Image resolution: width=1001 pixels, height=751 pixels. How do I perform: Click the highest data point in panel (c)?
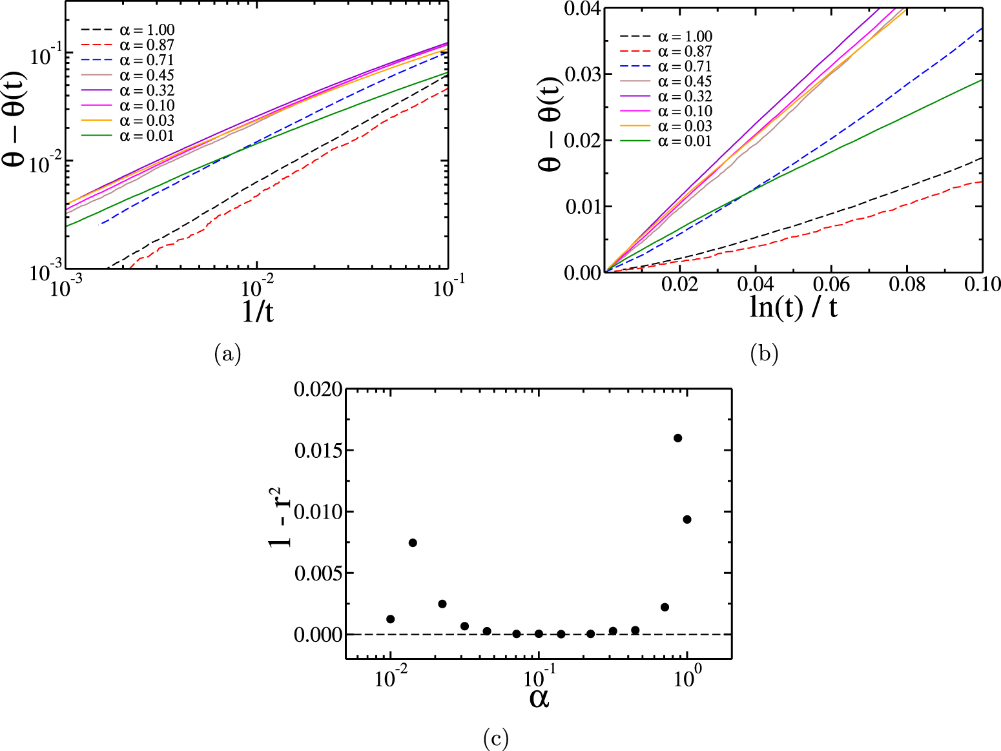(677, 438)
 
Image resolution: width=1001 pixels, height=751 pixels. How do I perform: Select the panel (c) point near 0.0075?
(413, 542)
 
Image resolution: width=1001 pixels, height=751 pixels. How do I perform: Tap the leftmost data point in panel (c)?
(390, 619)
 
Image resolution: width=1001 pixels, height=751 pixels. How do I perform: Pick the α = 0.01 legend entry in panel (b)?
(685, 141)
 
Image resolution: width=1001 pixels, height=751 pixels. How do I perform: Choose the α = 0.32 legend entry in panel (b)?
(685, 96)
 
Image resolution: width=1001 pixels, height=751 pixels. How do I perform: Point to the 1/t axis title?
(257, 311)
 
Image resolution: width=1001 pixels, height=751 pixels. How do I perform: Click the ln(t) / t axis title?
(793, 307)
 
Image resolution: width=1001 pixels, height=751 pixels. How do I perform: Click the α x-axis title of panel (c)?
(539, 697)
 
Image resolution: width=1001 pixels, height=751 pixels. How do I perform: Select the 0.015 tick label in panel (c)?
(316, 451)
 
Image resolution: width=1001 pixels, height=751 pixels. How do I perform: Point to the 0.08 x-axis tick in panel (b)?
(907, 284)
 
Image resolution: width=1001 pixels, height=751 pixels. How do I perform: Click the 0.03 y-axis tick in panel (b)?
(583, 74)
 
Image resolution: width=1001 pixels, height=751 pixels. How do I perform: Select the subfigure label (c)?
(495, 737)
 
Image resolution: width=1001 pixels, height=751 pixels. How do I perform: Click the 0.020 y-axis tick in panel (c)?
(316, 389)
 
